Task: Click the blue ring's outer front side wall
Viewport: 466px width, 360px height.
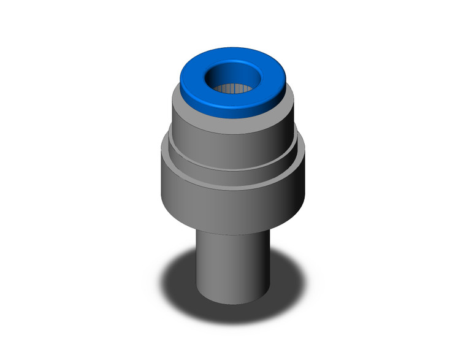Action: (233, 109)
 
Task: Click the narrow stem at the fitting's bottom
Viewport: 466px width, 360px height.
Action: (233, 264)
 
